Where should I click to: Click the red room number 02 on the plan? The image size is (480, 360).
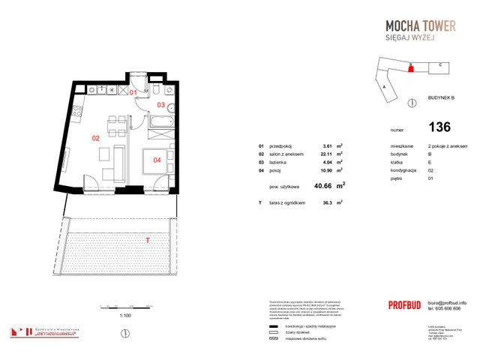[96, 138]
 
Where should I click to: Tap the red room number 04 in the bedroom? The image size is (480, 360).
[157, 159]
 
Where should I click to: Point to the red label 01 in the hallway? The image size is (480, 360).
[134, 92]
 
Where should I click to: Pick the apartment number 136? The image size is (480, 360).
[439, 127]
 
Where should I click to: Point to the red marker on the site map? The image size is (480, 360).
[410, 68]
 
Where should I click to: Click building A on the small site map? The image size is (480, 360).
[384, 87]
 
